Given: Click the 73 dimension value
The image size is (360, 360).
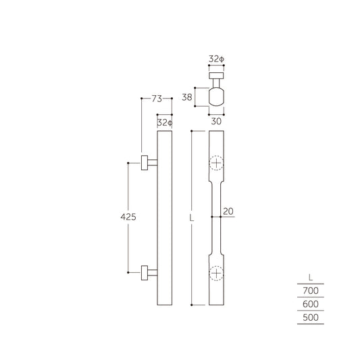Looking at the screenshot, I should (157, 99).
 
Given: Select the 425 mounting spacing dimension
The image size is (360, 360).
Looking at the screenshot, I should (128, 217).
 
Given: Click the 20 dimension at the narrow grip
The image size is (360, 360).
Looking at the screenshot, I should (228, 211).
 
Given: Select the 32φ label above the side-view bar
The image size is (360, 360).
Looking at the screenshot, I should (165, 123).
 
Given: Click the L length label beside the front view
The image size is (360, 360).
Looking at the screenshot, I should (192, 218).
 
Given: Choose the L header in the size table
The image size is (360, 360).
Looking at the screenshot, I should (310, 277).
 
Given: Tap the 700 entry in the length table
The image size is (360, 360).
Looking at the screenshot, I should (310, 290).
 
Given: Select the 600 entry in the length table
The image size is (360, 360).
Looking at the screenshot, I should (310, 304).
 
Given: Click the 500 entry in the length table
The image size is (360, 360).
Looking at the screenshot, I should (310, 317).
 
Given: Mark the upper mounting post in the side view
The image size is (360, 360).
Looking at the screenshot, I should (148, 163).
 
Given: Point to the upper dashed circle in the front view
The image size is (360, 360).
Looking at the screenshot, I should (215, 163).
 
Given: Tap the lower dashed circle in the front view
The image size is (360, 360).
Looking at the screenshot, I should (215, 274).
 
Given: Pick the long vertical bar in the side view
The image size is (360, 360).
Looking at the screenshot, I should (165, 218).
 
